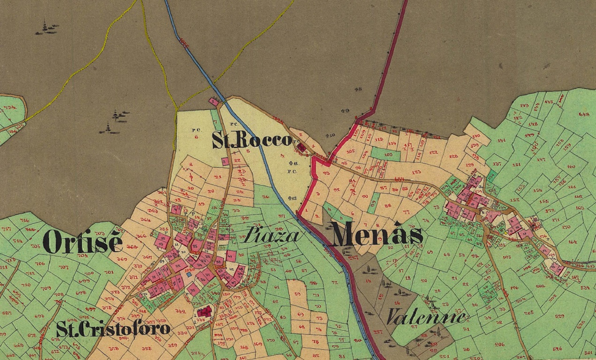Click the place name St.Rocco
[252, 140]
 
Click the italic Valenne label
[426, 317]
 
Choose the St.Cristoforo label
[113, 329]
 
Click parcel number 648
[584, 114]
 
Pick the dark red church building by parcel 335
[204, 311]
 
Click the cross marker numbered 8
[358, 89]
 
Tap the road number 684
[399, 179]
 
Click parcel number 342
[180, 311]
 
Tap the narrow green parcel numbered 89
[373, 203]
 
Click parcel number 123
[416, 172]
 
